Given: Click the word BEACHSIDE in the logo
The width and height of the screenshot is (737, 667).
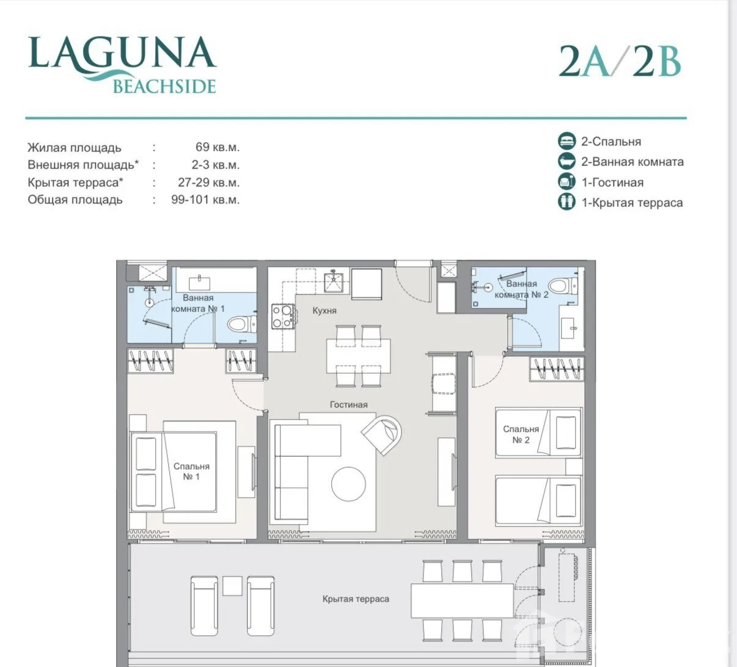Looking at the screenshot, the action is coord(164,86).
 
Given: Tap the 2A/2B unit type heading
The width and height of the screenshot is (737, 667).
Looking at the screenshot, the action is coord(620,61).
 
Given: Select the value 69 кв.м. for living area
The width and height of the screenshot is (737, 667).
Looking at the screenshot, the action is coord(218,147).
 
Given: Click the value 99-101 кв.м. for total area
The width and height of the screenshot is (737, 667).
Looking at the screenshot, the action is coord(205,200).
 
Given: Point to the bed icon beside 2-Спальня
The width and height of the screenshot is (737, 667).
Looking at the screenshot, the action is coord(566,140).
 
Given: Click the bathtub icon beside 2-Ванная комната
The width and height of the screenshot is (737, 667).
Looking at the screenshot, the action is coord(566,161).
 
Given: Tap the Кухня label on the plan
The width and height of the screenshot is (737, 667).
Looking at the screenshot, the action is coord(324,311).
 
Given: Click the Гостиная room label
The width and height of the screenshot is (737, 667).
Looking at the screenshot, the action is coord(349,404).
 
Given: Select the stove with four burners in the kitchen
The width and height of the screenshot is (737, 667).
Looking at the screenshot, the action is coord(283,316).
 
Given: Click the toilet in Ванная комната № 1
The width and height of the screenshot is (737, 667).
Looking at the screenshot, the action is coord(242,324).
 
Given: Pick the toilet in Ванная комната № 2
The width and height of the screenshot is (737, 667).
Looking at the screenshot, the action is coord(563,285).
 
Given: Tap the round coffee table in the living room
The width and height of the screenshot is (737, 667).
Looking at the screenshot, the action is coord(348,484).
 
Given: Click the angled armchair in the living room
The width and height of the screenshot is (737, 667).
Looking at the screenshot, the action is coord(382,435).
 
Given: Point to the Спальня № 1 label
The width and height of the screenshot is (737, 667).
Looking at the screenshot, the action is coord(191,471).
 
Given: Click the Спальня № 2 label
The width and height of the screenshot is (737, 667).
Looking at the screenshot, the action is coord(521,434).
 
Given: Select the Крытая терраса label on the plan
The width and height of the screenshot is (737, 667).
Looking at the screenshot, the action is coord(356,599).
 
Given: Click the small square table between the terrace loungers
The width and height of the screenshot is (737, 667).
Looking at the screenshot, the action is coord(232,586).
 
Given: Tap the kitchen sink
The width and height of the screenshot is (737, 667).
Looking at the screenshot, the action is coord(333,282).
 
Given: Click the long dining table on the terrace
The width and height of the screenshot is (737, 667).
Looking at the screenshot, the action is coord(462,600).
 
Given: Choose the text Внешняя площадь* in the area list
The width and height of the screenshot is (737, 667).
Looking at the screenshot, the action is coord(83,164).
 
